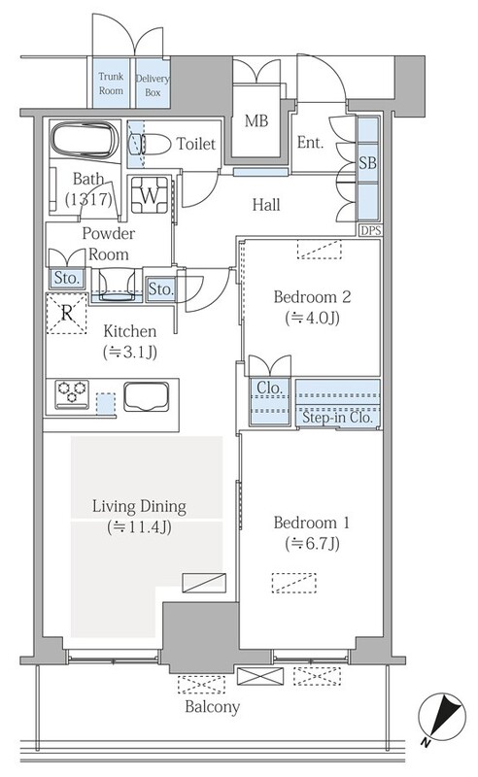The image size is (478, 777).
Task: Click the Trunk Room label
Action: (x=111, y=84)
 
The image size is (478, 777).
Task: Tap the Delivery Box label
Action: (x=153, y=85)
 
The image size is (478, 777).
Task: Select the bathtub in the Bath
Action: (x=85, y=140)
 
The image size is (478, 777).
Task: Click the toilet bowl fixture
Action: (x=151, y=144)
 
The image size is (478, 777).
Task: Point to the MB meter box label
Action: (x=256, y=120)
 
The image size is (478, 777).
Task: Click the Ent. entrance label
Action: (x=310, y=143)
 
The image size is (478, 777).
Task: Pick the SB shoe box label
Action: (x=367, y=162)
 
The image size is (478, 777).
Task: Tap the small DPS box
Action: (x=370, y=230)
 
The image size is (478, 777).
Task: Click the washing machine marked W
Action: (x=150, y=194)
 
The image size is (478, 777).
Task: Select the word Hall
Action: (x=266, y=205)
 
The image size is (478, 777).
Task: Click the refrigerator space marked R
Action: (x=66, y=313)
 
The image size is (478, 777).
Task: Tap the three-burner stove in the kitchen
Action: (x=72, y=394)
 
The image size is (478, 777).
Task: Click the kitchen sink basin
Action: (x=147, y=396)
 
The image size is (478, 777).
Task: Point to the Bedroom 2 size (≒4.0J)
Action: (x=313, y=318)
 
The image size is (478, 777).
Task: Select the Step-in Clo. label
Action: (x=337, y=418)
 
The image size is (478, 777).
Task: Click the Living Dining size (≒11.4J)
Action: (x=139, y=527)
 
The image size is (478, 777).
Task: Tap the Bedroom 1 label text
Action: (x=312, y=523)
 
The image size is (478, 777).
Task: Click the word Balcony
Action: (x=212, y=707)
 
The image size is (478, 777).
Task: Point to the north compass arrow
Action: (x=442, y=717)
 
